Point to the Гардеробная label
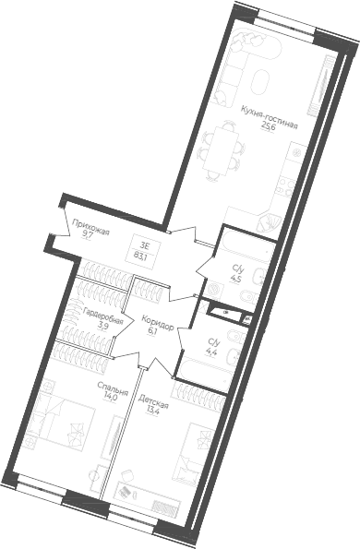click(x=95, y=314)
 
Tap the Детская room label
click(x=152, y=401)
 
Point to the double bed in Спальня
click(x=57, y=425)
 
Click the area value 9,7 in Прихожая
click(x=87, y=234)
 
